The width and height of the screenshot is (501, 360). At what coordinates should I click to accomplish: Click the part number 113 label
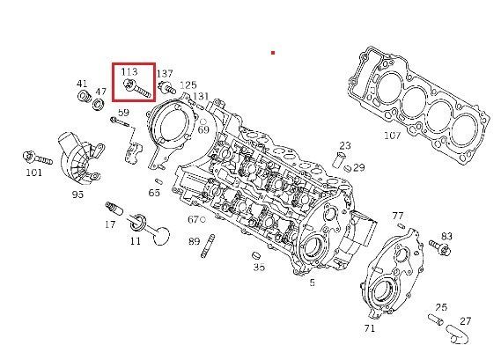[129, 71]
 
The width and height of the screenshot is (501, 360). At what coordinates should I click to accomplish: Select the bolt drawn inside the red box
[137, 88]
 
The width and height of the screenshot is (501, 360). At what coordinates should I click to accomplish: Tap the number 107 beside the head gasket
[392, 136]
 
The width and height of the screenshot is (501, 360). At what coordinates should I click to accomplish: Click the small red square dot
[273, 53]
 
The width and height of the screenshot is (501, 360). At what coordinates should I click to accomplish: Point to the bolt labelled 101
[37, 158]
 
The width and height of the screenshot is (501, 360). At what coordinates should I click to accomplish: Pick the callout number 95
[77, 194]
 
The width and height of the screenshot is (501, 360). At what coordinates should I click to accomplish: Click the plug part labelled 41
[85, 97]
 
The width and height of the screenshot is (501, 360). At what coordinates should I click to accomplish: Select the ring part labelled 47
[99, 104]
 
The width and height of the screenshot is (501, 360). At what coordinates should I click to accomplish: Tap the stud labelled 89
[208, 246]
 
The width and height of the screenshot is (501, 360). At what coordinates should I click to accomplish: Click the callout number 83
[446, 237]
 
